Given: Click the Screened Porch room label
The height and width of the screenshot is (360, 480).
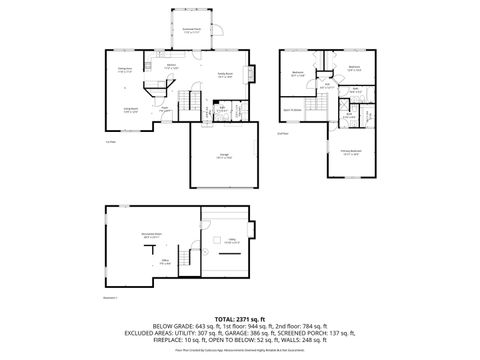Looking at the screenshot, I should click(191, 31).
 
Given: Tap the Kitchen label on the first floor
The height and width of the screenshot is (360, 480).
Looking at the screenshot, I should click(171, 67).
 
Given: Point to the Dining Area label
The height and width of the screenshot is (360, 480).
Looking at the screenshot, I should click(126, 70).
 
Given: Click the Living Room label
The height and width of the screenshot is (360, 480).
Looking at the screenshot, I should click(130, 110).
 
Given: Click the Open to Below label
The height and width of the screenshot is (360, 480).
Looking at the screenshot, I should click(293, 110).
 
